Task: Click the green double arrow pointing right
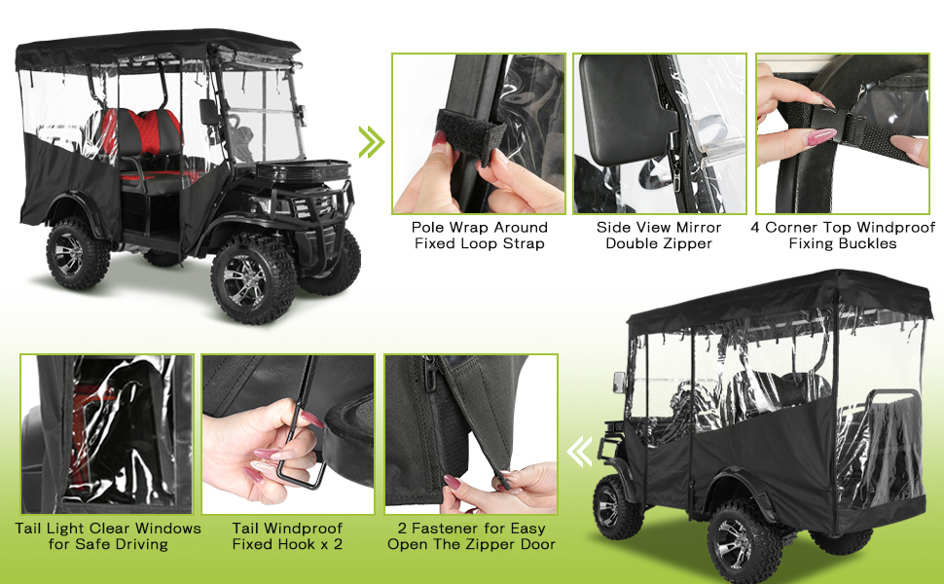coord(371,142)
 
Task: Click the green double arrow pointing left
coord(579,451)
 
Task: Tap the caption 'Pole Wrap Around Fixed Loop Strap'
coord(479,235)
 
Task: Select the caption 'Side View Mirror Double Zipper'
coord(658,235)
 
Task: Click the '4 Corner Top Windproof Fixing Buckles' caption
coord(843,235)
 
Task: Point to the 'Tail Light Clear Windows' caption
coord(108,529)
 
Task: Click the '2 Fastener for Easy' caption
coord(471,529)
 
